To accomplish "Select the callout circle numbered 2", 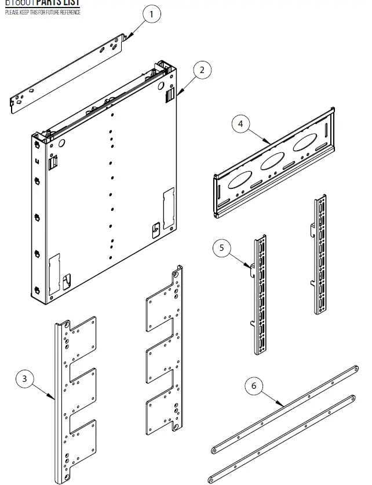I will coord(202,71).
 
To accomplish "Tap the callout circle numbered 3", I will coord(24,379).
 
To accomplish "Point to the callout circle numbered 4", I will coord(240,123).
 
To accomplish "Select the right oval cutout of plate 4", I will coord(305,143).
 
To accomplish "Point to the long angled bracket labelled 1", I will coord(70,72).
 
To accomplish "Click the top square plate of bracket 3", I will coord(82,340).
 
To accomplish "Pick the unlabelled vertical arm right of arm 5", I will coord(320,255).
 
